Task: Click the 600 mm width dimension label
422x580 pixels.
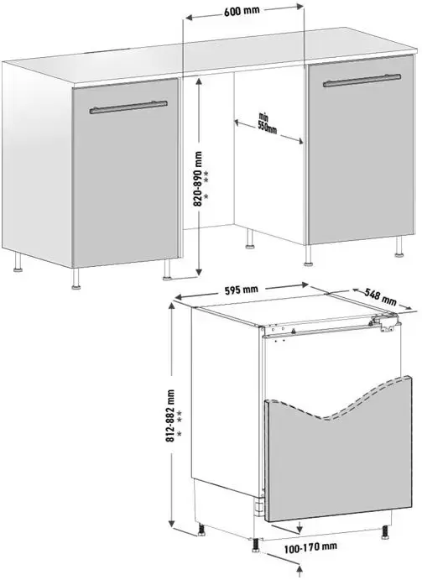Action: pos(242,11)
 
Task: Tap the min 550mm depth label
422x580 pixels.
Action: pos(267,124)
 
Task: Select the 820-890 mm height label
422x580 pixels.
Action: pos(199,178)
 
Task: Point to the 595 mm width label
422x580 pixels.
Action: pos(241,290)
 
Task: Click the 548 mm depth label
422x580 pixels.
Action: pos(380,296)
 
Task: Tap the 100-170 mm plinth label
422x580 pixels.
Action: pos(310,547)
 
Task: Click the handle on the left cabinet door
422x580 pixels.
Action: pos(128,107)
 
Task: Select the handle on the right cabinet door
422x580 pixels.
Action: pos(362,81)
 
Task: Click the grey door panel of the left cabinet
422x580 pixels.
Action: pos(125,172)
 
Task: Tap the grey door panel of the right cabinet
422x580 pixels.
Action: pos(361,149)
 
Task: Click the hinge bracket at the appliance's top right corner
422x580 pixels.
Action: pos(386,321)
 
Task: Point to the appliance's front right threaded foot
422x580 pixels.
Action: pos(385,532)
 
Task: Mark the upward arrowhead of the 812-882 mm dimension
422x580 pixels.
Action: pos(172,306)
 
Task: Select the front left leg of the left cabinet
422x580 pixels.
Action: pos(76,278)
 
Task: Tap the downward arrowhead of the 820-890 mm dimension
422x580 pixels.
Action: pos(199,272)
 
